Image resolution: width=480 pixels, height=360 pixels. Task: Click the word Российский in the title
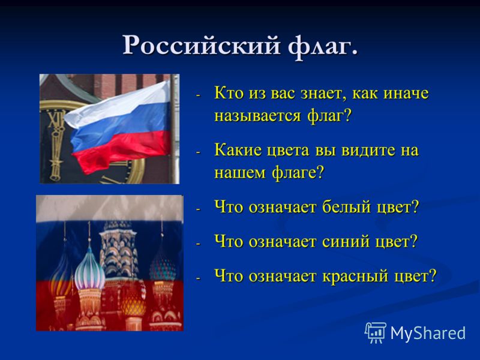click(x=202, y=46)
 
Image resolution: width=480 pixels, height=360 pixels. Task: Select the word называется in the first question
click(x=258, y=116)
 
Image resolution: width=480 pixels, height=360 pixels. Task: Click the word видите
click(x=368, y=151)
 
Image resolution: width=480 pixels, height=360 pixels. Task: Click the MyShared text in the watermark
click(x=428, y=333)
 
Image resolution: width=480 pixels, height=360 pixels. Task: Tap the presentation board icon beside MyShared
click(x=376, y=332)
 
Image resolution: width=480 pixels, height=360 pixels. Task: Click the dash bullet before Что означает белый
click(x=198, y=209)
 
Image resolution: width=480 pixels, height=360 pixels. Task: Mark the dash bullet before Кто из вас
click(x=198, y=95)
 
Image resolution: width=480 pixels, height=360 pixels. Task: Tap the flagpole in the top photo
click(x=173, y=128)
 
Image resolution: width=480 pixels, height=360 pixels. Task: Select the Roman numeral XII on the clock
click(x=57, y=119)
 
